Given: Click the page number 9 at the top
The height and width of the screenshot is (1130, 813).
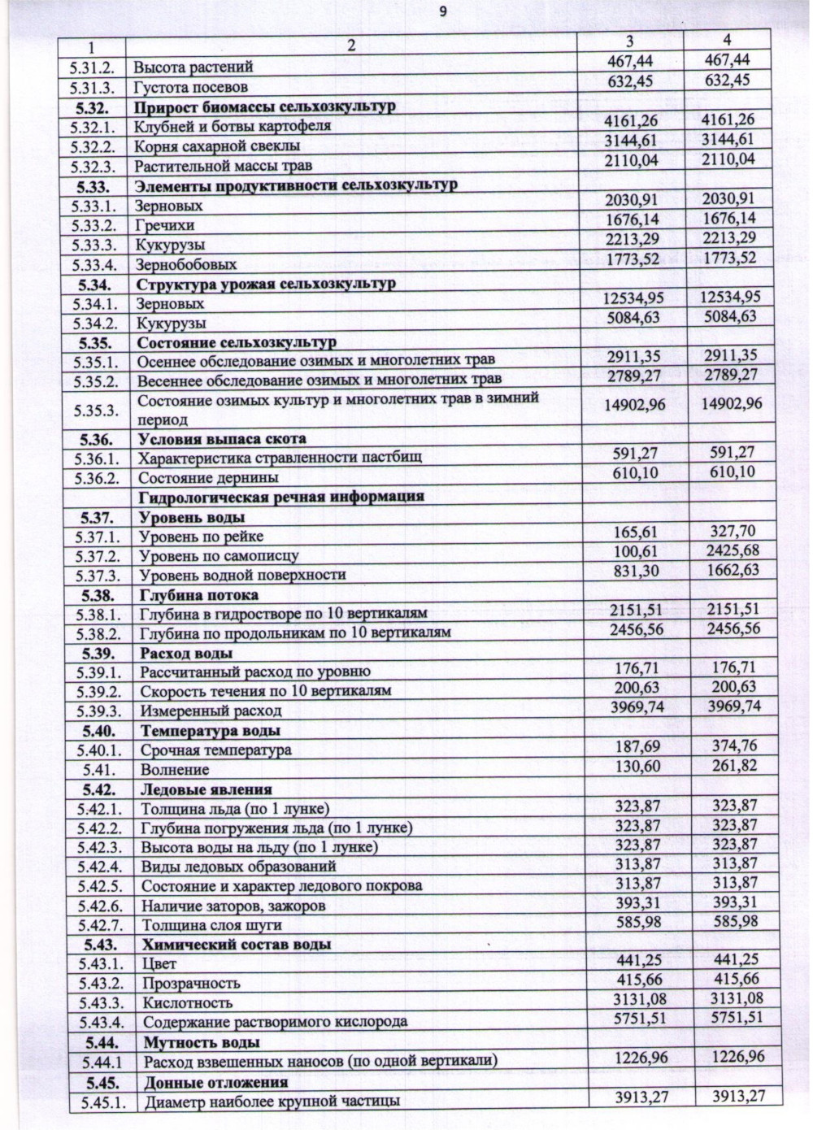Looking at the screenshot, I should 442,11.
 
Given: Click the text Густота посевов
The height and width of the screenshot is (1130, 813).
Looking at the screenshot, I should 190,87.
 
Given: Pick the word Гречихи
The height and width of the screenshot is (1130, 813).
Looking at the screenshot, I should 165,225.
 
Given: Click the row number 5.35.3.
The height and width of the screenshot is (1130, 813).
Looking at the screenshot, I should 96,410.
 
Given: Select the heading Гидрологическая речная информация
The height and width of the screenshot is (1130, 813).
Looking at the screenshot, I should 281,496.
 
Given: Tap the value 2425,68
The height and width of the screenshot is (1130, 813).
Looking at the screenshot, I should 733,551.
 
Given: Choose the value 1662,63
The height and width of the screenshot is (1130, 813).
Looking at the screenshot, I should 733,570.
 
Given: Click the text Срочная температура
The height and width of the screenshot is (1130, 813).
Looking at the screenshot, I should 215,750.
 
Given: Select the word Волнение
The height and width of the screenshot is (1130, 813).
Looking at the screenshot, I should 175,769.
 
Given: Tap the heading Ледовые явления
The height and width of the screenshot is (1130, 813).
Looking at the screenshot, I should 206,789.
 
